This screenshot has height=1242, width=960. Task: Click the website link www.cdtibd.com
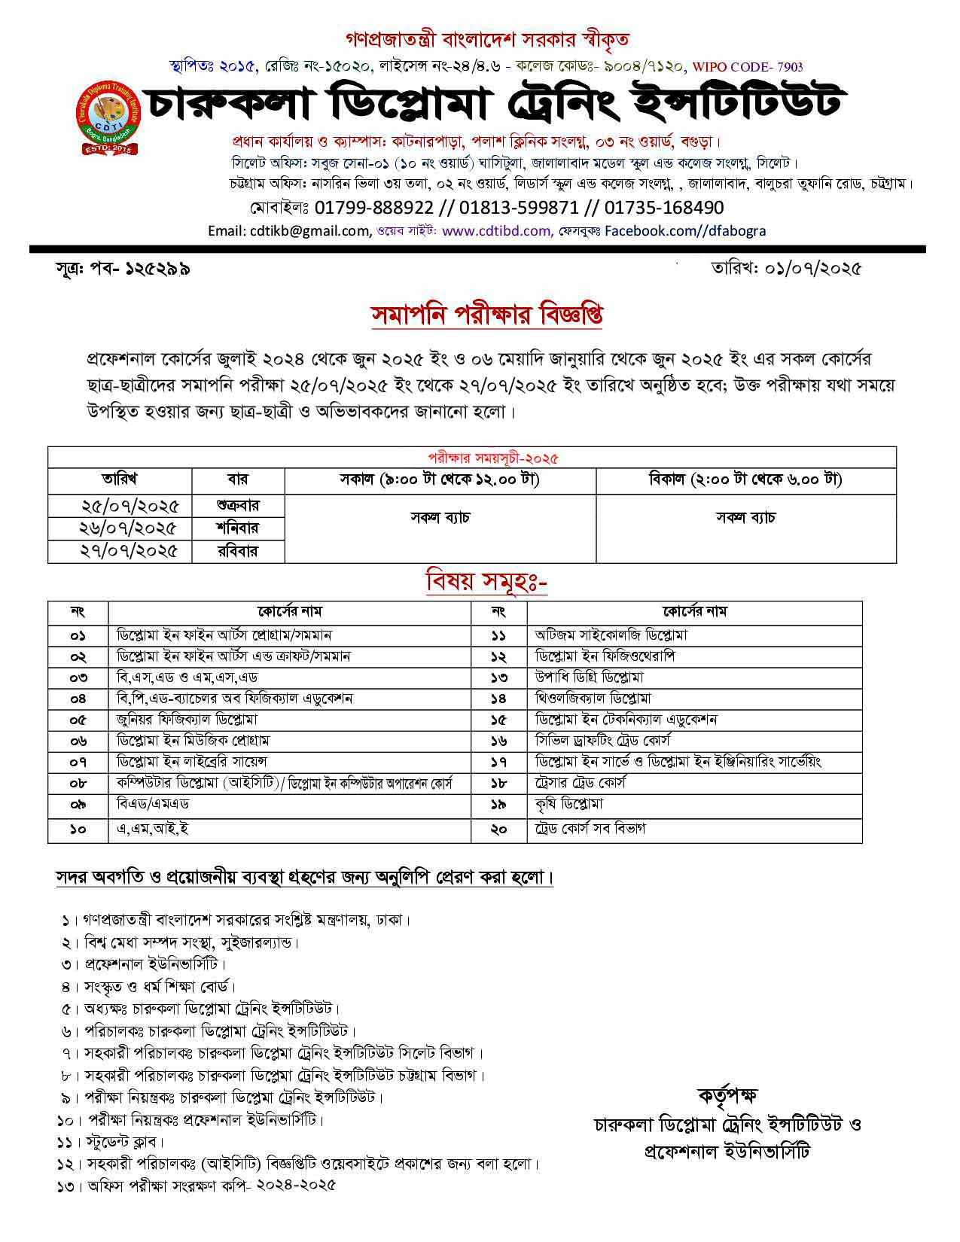pyautogui.click(x=496, y=231)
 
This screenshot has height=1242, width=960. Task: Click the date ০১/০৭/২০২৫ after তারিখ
pyautogui.click(x=812, y=268)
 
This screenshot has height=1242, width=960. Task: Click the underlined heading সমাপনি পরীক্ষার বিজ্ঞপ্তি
pyautogui.click(x=486, y=315)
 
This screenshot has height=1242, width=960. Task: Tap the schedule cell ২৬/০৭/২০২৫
pyautogui.click(x=129, y=528)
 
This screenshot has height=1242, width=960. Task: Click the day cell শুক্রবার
pyautogui.click(x=237, y=505)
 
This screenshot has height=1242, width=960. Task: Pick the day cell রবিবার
pyautogui.click(x=237, y=551)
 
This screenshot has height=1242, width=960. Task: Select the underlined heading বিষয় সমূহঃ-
pyautogui.click(x=486, y=582)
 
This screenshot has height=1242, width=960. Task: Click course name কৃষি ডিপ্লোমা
pyautogui.click(x=569, y=805)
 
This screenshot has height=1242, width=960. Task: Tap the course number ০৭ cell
pyautogui.click(x=78, y=763)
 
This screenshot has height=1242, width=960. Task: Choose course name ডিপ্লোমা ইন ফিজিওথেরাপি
pyautogui.click(x=605, y=656)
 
